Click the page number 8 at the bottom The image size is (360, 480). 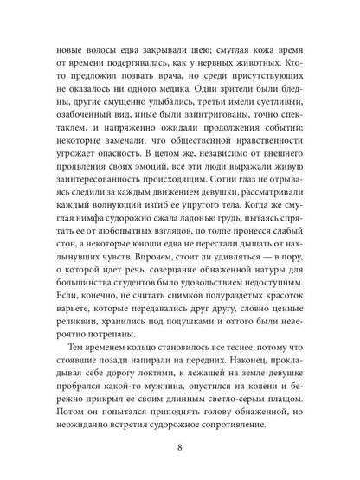tap(180, 448)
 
